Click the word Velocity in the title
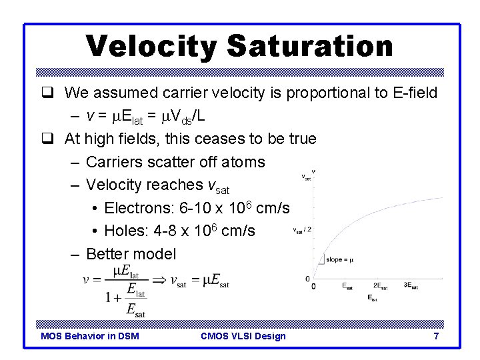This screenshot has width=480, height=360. tap(151, 47)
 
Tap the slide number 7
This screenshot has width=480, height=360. tap(436, 336)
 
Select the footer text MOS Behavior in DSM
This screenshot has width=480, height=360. tap(90, 336)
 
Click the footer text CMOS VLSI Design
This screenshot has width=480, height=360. tap(243, 336)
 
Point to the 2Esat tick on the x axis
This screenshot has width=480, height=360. tap(380, 286)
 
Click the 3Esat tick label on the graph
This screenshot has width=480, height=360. tap(411, 286)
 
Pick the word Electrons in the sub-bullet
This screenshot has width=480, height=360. tap(138, 208)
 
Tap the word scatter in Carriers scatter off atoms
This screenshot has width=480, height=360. tap(165, 162)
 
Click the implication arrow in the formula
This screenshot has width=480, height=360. tap(159, 280)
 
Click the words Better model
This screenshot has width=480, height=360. tap(131, 254)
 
